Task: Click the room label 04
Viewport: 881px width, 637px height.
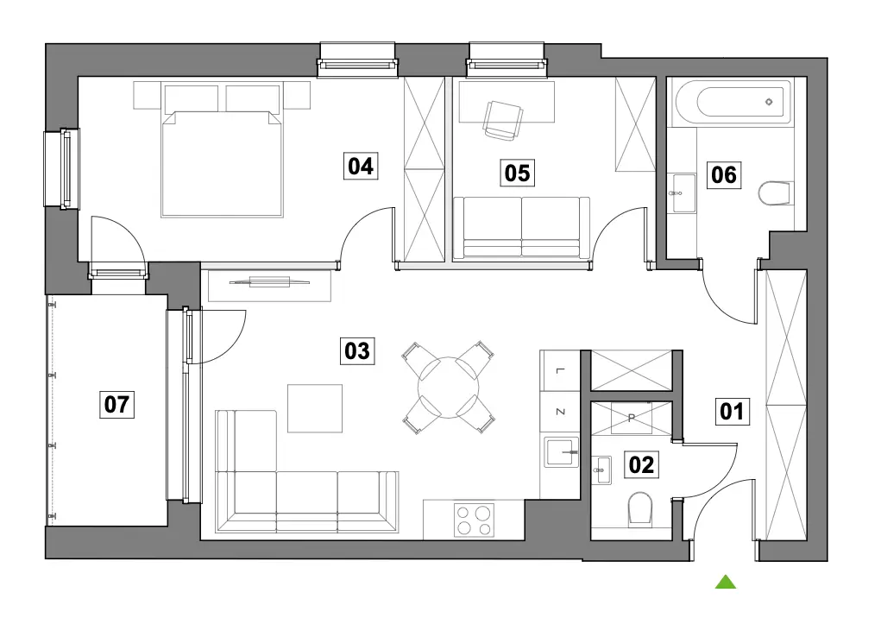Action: point(361,166)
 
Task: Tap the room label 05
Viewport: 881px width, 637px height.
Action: point(517,173)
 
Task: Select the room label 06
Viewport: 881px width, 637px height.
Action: point(724,174)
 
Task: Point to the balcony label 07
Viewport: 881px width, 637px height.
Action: point(116,404)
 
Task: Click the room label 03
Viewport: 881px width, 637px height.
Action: point(357,350)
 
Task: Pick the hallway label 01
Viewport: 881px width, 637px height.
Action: point(732,411)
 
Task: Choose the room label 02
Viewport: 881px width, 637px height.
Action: point(641,465)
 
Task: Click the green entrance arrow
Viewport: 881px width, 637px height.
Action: point(726,582)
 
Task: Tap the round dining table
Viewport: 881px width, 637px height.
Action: point(449,388)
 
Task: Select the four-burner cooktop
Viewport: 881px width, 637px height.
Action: point(474,520)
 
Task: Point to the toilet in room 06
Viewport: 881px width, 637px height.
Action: point(776,193)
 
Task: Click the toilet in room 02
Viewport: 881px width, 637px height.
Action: point(640,509)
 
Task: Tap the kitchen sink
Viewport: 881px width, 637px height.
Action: point(560,452)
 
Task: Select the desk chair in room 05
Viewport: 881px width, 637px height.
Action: point(503,120)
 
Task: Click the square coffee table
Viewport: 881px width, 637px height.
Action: point(315,409)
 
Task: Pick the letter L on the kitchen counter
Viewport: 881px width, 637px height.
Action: point(560,371)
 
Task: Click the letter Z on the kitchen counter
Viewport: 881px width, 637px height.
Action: point(560,412)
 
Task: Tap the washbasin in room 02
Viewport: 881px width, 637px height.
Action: point(601,470)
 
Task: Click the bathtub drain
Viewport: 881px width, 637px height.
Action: point(769,102)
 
